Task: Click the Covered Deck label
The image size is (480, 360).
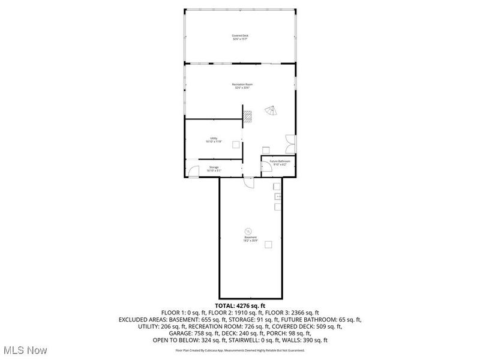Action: click(240, 37)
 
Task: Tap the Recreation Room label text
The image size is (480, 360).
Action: click(242, 86)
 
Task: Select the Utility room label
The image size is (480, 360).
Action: click(214, 140)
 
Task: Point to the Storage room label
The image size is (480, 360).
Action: click(214, 169)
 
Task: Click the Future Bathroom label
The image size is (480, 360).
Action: click(280, 163)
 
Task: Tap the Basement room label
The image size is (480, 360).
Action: click(250, 239)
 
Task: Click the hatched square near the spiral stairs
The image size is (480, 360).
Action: click(246, 116)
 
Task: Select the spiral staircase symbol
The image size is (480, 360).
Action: click(271, 112)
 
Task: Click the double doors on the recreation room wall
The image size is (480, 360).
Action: click(290, 142)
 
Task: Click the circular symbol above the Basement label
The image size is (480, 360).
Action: click(248, 230)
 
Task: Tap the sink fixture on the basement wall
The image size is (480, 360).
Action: click(278, 196)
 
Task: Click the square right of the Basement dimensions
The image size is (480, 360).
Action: click(268, 244)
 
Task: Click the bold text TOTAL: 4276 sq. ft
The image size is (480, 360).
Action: click(239, 307)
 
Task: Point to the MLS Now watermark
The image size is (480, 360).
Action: click(25, 350)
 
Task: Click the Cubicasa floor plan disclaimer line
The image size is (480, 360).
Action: click(239, 350)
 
